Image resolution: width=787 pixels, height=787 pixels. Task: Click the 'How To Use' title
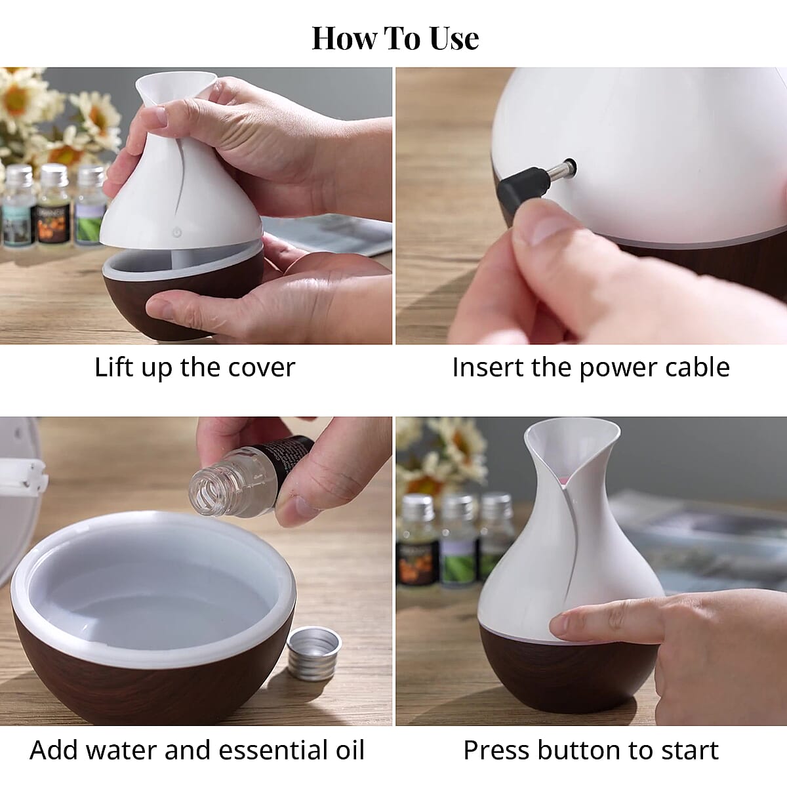pos(395,38)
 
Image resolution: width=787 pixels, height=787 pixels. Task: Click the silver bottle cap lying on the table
pos(314,652)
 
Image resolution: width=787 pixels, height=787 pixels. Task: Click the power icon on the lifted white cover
pos(176,233)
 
